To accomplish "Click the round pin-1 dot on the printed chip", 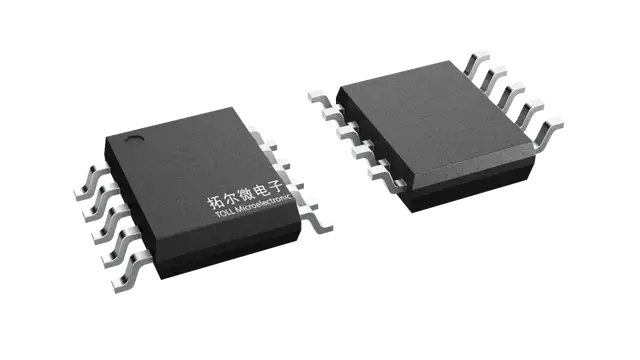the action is coord(134,138).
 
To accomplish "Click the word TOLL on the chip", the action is coord(224,214).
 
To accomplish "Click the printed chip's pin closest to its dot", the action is coord(92,181).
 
